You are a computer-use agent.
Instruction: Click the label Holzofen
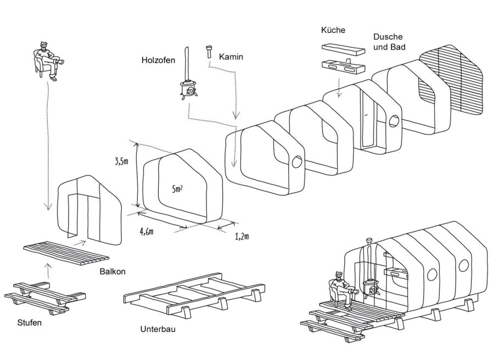click(x=158, y=60)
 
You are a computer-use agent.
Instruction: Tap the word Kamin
click(x=231, y=57)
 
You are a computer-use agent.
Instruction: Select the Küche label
click(x=333, y=30)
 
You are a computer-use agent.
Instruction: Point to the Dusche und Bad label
click(x=389, y=42)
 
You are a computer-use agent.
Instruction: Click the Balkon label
click(x=113, y=272)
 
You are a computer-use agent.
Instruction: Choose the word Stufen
click(x=29, y=323)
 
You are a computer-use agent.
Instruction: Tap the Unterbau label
click(x=158, y=329)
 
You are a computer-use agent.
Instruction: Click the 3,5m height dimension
click(x=122, y=162)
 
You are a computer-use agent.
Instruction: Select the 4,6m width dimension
click(x=147, y=232)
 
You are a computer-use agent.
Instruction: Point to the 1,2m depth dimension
click(x=242, y=236)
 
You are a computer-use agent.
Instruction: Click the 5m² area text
click(x=177, y=189)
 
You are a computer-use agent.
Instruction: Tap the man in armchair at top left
click(x=48, y=61)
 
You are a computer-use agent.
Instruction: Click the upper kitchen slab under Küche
click(x=343, y=49)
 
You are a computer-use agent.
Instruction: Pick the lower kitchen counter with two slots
click(x=343, y=67)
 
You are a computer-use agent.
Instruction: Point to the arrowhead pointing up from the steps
click(x=48, y=266)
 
